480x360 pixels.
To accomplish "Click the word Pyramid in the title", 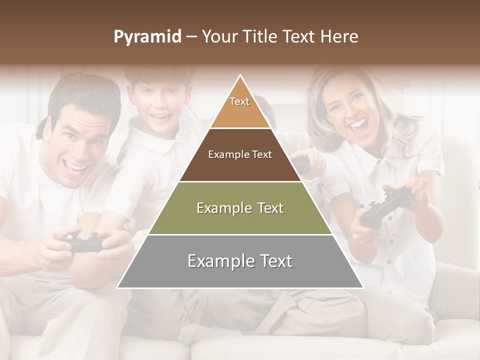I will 147,37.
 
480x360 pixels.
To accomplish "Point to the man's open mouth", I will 77,167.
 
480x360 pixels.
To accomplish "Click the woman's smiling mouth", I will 358,125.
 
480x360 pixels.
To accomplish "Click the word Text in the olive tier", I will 267,208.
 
